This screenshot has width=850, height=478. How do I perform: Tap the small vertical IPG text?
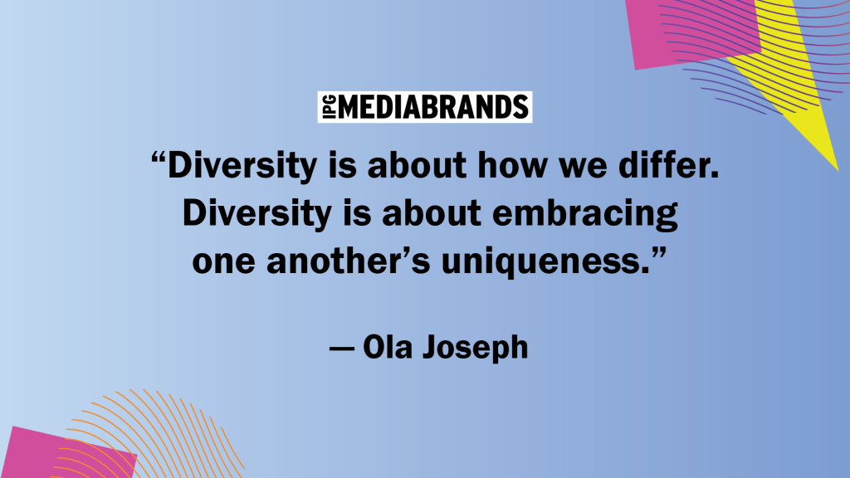pyautogui.click(x=329, y=107)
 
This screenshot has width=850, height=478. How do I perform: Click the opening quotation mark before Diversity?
pyautogui.click(x=159, y=159)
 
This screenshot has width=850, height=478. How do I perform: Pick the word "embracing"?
pyautogui.click(x=585, y=214)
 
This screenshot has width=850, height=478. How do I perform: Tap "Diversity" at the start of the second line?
pyautogui.click(x=257, y=214)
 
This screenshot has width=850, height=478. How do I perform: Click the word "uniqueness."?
pyautogui.click(x=545, y=262)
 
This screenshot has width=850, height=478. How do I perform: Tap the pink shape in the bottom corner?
pyautogui.click(x=68, y=454)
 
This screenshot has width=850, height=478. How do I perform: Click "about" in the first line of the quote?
pyautogui.click(x=417, y=165)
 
